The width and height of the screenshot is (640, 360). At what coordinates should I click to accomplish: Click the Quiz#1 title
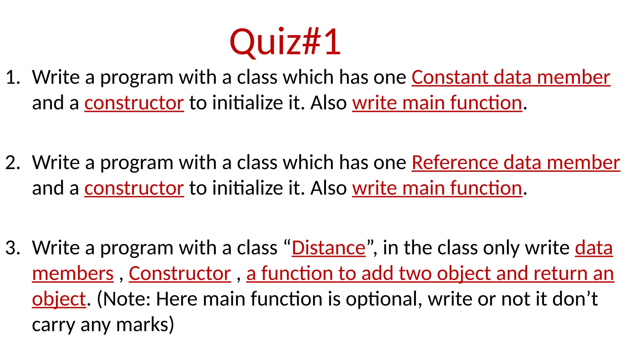pos(285,42)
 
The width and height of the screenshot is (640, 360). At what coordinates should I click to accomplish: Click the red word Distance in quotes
pos(328,248)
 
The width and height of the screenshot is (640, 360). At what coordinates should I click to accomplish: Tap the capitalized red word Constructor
pos(180,274)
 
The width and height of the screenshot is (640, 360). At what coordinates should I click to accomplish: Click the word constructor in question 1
pos(134,103)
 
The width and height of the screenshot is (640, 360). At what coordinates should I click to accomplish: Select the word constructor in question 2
pos(134,188)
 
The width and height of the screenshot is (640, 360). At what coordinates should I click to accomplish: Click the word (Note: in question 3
pos(124,299)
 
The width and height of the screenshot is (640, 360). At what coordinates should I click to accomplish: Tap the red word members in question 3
pos(73,274)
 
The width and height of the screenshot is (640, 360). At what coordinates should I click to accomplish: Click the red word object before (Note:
pos(59,299)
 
